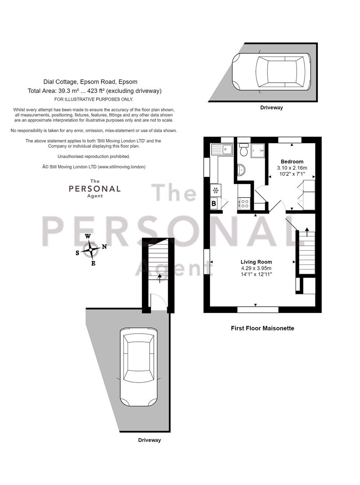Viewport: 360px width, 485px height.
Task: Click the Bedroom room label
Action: tap(292, 162)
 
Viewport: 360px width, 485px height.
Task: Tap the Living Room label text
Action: tap(256, 262)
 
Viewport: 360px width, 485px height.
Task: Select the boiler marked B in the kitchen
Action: tap(214, 204)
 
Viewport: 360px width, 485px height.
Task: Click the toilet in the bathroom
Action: tap(244, 150)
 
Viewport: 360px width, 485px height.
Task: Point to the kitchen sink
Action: tap(222, 150)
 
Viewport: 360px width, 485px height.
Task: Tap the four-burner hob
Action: tap(244, 203)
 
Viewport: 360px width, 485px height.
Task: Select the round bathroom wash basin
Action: tap(241, 170)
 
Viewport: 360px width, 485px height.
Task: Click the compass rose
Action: tap(90, 250)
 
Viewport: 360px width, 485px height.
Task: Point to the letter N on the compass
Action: tap(104, 247)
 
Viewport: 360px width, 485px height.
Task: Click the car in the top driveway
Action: tap(271, 72)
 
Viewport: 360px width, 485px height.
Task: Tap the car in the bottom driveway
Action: tap(139, 367)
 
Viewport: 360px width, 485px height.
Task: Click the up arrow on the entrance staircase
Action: tap(160, 278)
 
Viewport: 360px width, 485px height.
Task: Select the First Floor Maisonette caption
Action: tap(262, 328)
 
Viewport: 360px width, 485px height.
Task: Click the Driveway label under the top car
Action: tap(271, 108)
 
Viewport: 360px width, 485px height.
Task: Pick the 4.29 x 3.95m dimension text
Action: tap(256, 268)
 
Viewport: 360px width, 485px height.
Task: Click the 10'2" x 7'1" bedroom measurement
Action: tap(292, 174)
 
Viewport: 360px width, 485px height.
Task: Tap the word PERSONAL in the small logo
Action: tap(95, 188)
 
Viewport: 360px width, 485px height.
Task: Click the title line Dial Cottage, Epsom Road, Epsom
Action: tap(90, 82)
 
